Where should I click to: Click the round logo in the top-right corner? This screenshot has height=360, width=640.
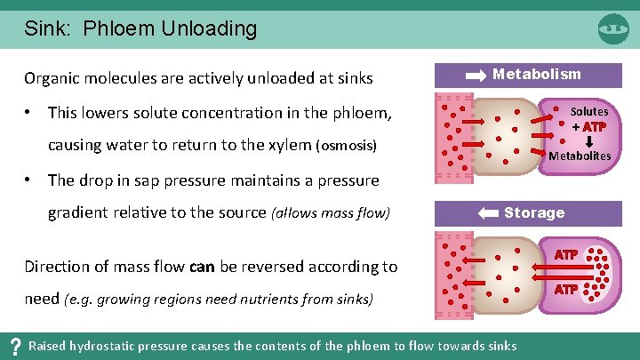(x=613, y=28)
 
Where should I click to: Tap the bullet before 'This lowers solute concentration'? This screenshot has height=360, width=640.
(x=29, y=113)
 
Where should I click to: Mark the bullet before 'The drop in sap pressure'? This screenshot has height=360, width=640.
(x=29, y=180)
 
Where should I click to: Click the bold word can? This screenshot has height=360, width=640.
(x=202, y=266)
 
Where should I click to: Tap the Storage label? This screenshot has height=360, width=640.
(x=534, y=212)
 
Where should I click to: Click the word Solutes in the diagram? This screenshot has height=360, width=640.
(x=588, y=112)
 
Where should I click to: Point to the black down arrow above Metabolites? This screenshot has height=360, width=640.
(x=588, y=140)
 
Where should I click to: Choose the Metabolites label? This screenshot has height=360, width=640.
(x=580, y=156)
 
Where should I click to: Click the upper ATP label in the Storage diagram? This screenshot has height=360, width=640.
(x=566, y=255)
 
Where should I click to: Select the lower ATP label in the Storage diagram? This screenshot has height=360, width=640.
(x=566, y=290)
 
